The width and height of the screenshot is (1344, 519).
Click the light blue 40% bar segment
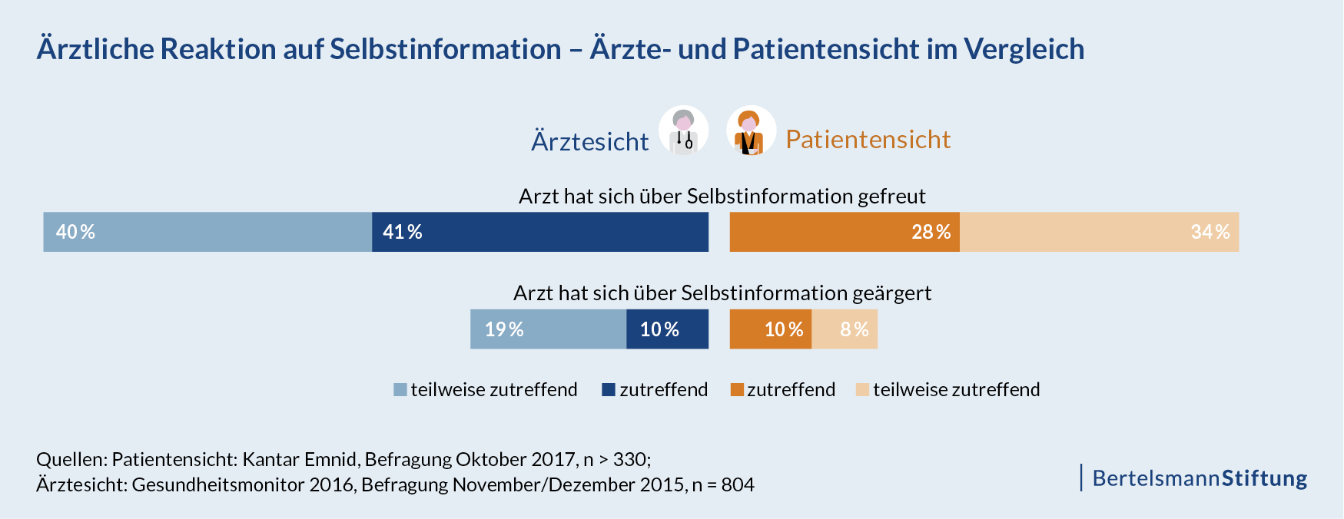tap(207, 232)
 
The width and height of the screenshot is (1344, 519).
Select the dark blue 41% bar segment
tap(540, 232)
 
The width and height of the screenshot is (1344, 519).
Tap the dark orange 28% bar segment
tap(845, 232)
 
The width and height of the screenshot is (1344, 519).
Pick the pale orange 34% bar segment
tap(1099, 232)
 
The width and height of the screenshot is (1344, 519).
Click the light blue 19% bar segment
tap(548, 329)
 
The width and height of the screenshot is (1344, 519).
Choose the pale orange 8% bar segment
tap(845, 329)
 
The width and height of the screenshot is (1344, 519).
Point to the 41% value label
tap(403, 232)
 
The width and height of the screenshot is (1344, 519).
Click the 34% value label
tap(1210, 232)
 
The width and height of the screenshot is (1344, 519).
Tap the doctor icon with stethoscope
tap(683, 131)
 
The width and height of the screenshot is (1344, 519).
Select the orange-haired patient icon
tap(751, 131)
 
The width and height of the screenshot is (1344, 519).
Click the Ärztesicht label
tap(589, 142)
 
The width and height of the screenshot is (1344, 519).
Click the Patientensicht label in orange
tap(868, 140)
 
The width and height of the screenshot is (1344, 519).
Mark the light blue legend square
tap(400, 390)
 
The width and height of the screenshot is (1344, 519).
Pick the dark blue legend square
tap(609, 390)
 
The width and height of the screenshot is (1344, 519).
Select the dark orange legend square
tap(737, 390)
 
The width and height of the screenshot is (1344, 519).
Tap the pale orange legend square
tap(862, 390)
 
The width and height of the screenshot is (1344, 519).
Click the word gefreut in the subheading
tap(891, 197)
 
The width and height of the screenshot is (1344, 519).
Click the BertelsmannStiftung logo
tap(1199, 478)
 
